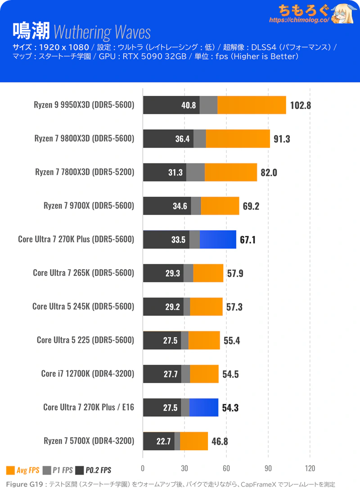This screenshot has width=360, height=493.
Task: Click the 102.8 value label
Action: pos(301,105)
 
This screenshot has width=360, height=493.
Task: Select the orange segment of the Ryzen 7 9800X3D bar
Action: pos(238,139)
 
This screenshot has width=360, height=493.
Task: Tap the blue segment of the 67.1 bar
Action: pos(218,239)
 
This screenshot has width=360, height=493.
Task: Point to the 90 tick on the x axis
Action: pos(268,467)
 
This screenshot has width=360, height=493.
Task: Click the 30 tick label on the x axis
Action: pos(184,467)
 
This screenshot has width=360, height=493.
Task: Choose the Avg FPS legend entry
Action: pos(22,470)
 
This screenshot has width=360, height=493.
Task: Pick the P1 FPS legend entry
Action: pos(58,470)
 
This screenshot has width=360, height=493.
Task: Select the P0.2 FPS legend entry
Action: pos(93,470)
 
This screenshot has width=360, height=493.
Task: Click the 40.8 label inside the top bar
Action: pos(188,105)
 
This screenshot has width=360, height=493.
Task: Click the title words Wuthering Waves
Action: pos(102,32)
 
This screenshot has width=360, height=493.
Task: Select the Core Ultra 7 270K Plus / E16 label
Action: pos(89,407)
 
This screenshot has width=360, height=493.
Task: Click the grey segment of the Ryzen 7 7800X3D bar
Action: pos(195,172)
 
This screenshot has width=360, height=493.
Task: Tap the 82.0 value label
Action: pos(269,172)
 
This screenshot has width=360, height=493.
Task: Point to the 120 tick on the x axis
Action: pos(310,467)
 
